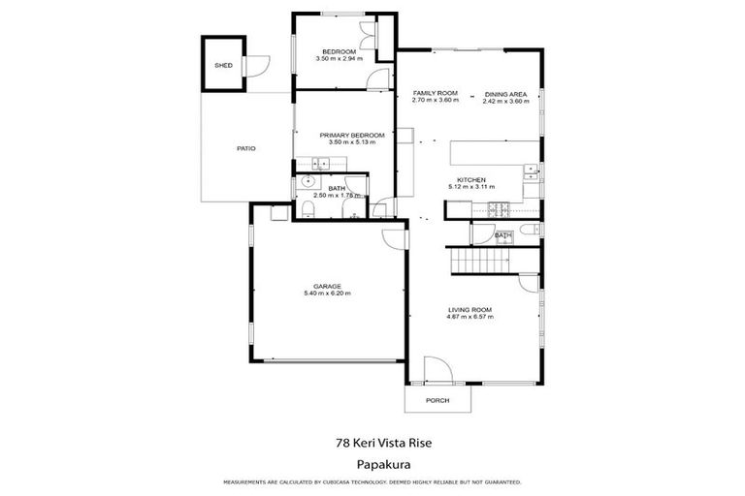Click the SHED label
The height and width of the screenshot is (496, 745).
coord(222,65)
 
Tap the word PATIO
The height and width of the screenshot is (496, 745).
coord(246,148)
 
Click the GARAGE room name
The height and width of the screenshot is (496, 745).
coord(326,286)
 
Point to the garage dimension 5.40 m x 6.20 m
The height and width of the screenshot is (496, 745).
coord(326,293)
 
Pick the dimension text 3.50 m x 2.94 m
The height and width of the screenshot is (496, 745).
coord(339,58)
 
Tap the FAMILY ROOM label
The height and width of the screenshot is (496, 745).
coord(435,93)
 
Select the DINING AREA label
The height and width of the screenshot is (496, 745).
coord(504,93)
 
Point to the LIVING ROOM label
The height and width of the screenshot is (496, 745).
coord(469,310)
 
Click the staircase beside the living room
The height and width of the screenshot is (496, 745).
coord(481,261)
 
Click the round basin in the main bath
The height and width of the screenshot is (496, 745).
coord(308,180)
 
